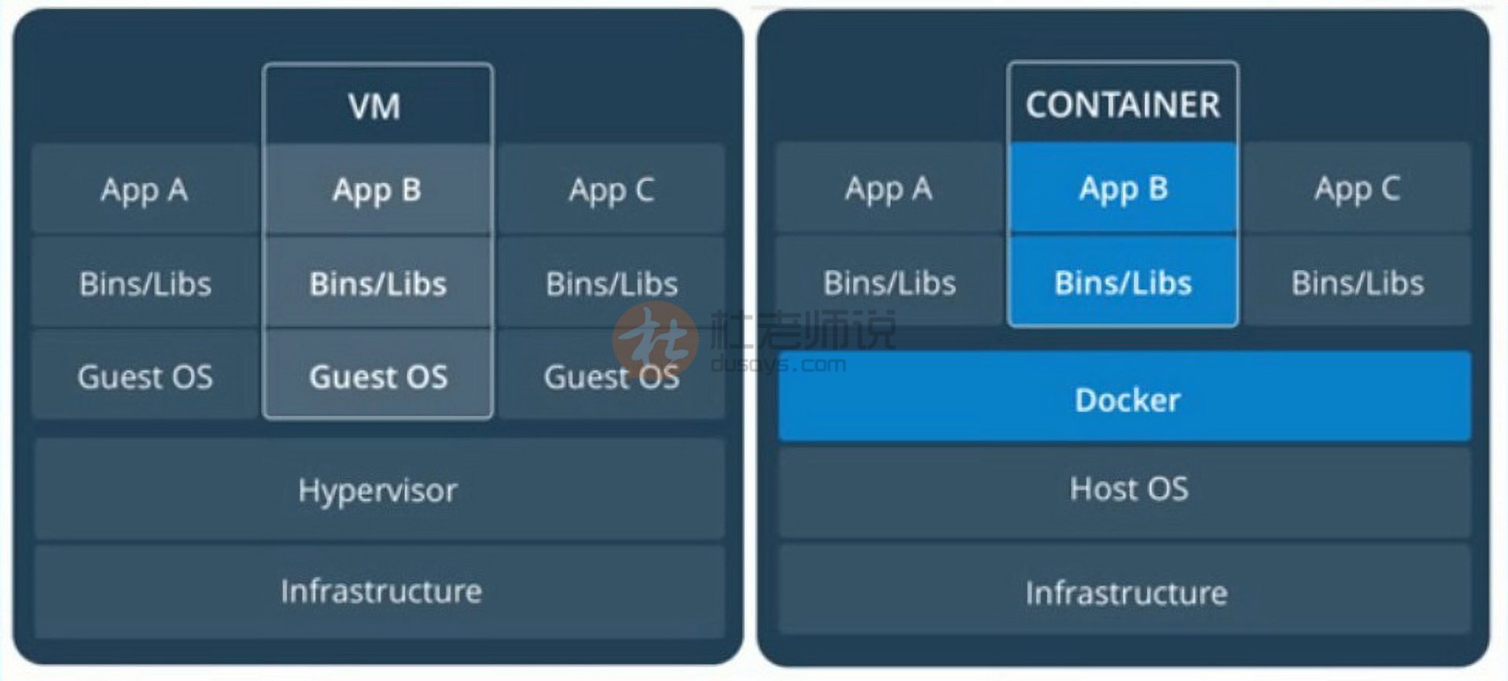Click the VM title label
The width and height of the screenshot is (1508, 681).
[374, 106]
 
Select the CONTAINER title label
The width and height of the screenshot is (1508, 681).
[1123, 105]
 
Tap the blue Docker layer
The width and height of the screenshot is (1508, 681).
[1126, 399]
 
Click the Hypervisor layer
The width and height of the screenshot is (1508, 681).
[378, 490]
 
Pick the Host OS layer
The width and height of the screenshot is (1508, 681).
[1128, 488]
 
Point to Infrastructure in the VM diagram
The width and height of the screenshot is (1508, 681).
[381, 591]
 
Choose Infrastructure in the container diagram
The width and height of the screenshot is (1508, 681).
[1126, 592]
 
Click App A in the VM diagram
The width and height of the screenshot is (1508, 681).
[144, 190]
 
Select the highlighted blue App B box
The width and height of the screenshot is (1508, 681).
[1123, 189]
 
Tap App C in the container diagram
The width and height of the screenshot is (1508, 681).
[1357, 189]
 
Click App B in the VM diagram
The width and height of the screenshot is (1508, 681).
[377, 190]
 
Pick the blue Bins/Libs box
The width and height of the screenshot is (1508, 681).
[1123, 282]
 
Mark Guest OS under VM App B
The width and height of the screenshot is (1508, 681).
[378, 377]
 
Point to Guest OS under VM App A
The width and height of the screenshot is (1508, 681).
[145, 377]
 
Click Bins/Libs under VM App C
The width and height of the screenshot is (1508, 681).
[612, 283]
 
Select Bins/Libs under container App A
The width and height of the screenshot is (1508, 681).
[889, 282]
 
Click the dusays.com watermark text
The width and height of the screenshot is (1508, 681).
[778, 365]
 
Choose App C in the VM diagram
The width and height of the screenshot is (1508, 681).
[612, 190]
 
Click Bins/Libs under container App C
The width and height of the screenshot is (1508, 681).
[1357, 282]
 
